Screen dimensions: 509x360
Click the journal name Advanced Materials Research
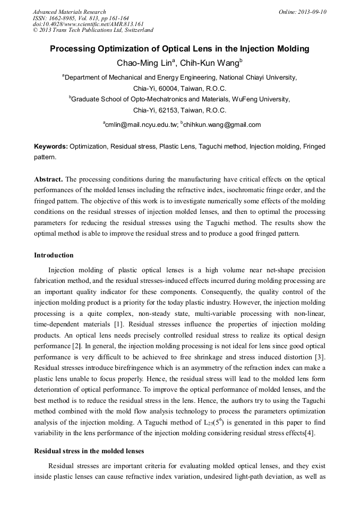(x=69, y=12)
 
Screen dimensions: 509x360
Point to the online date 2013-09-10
(x=312, y=12)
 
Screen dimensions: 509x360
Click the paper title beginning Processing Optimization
(x=179, y=49)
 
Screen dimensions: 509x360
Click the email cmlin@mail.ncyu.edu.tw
(x=141, y=125)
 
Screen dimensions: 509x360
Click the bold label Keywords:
(x=51, y=146)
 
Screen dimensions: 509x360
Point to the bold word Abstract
(x=49, y=179)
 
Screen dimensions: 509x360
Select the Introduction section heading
(x=54, y=255)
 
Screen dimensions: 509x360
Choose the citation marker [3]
(x=320, y=355)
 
